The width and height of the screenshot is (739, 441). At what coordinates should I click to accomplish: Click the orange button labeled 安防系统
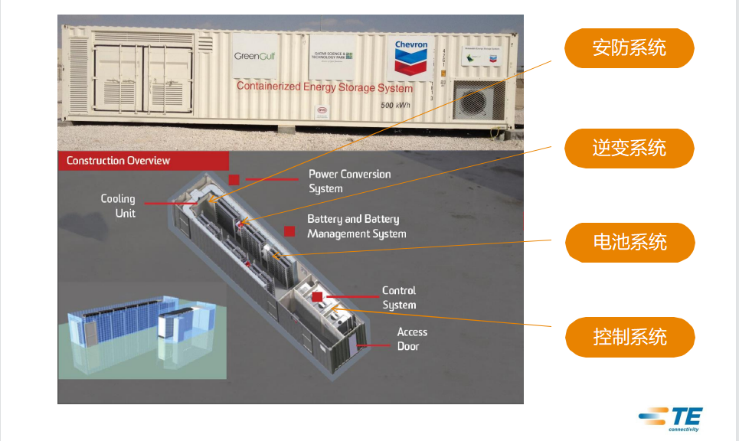629,49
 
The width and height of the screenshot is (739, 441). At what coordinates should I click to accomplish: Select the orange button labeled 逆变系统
629,148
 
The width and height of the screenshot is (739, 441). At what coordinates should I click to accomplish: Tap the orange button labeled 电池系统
629,243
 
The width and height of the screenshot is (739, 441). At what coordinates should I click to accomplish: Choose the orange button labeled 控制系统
629,337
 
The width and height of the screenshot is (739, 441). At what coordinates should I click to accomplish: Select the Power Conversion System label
349,181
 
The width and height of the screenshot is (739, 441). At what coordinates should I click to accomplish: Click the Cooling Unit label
118,206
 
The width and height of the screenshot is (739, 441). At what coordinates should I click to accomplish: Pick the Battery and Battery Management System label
356,227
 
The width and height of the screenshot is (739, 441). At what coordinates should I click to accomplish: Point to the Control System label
399,298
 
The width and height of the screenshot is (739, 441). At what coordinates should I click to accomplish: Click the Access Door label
412,339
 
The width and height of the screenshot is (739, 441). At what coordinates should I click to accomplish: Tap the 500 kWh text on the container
397,105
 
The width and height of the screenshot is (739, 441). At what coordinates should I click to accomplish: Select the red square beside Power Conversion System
234,180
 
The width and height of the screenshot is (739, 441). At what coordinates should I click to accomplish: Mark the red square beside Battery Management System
289,230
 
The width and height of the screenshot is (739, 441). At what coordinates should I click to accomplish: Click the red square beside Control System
318,296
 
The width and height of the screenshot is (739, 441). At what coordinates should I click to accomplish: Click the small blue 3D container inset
142,332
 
